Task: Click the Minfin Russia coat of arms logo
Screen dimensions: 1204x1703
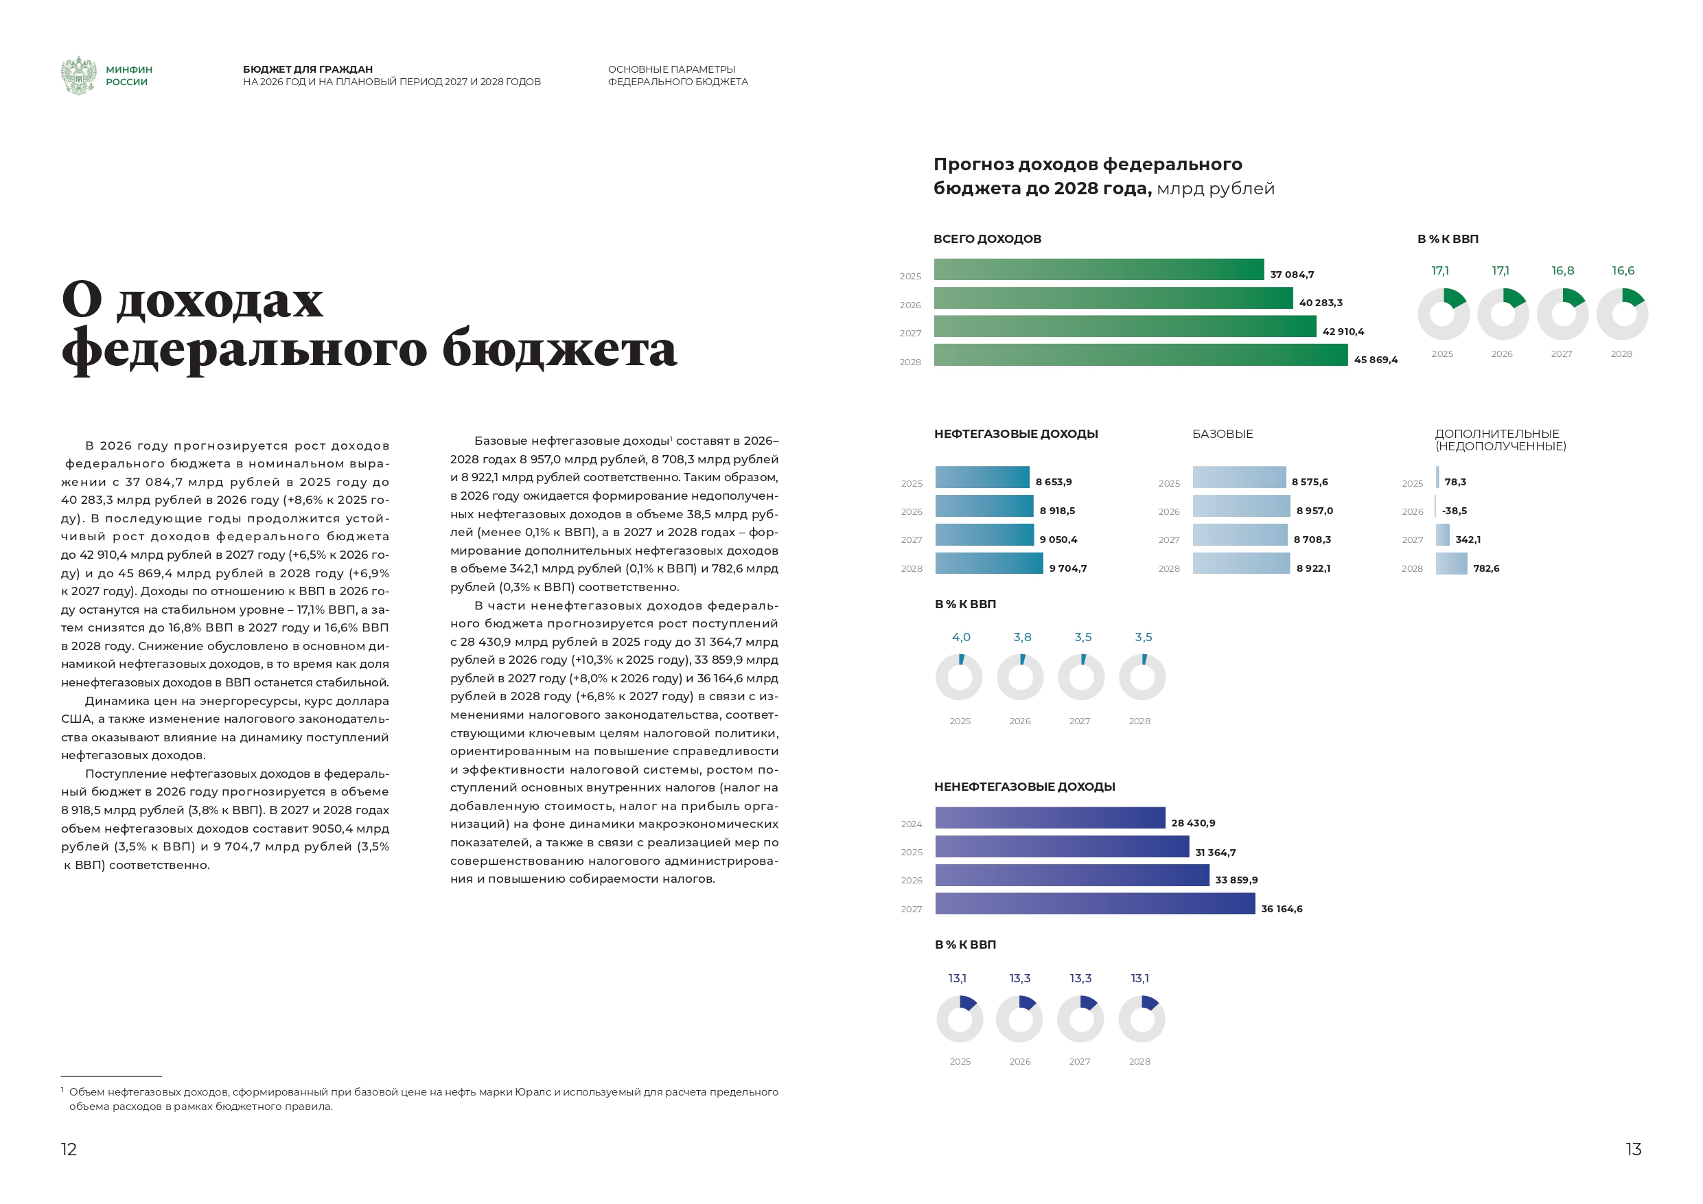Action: pyautogui.click(x=78, y=76)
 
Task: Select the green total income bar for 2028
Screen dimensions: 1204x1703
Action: pyautogui.click(x=1140, y=356)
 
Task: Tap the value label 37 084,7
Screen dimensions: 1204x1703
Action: pyautogui.click(x=1291, y=275)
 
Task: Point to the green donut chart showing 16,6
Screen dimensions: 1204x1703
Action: pyautogui.click(x=1621, y=314)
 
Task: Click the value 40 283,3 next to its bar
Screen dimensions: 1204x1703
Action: pyautogui.click(x=1320, y=303)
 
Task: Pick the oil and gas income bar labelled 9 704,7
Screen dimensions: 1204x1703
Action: pyautogui.click(x=988, y=564)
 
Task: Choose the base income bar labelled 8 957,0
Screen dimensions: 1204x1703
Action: pyautogui.click(x=1241, y=507)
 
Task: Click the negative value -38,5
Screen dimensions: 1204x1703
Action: pyautogui.click(x=1455, y=511)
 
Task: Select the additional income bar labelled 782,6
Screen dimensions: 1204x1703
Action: pyautogui.click(x=1451, y=564)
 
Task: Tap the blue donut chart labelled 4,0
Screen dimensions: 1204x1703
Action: pyautogui.click(x=959, y=678)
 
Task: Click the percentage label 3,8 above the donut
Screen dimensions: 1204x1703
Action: pyautogui.click(x=1022, y=637)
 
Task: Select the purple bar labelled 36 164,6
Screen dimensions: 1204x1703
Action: pyautogui.click(x=1095, y=903)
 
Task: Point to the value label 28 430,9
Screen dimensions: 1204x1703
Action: pyautogui.click(x=1193, y=823)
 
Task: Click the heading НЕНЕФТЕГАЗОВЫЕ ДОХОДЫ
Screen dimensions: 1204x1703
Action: pyautogui.click(x=1024, y=787)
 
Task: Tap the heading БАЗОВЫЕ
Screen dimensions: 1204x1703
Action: pyautogui.click(x=1223, y=434)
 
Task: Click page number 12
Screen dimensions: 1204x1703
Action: pyautogui.click(x=68, y=1149)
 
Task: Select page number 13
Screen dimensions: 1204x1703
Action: pyautogui.click(x=1633, y=1149)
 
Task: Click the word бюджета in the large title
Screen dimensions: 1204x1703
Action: pyautogui.click(x=559, y=350)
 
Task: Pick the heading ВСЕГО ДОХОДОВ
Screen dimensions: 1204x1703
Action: pyautogui.click(x=987, y=239)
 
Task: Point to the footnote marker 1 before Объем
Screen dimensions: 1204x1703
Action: pyautogui.click(x=63, y=1090)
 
